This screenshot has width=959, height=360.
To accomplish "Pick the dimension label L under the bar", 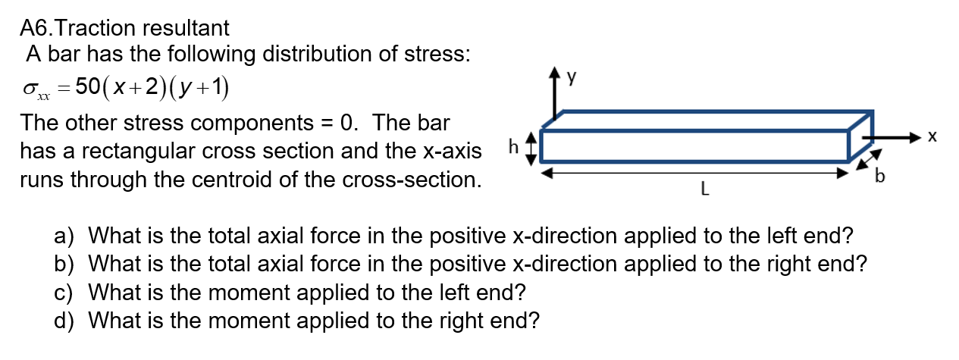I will point(704,192).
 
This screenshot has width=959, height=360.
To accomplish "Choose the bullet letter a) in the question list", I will point(64,236).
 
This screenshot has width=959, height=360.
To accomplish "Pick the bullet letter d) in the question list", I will point(64,321).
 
